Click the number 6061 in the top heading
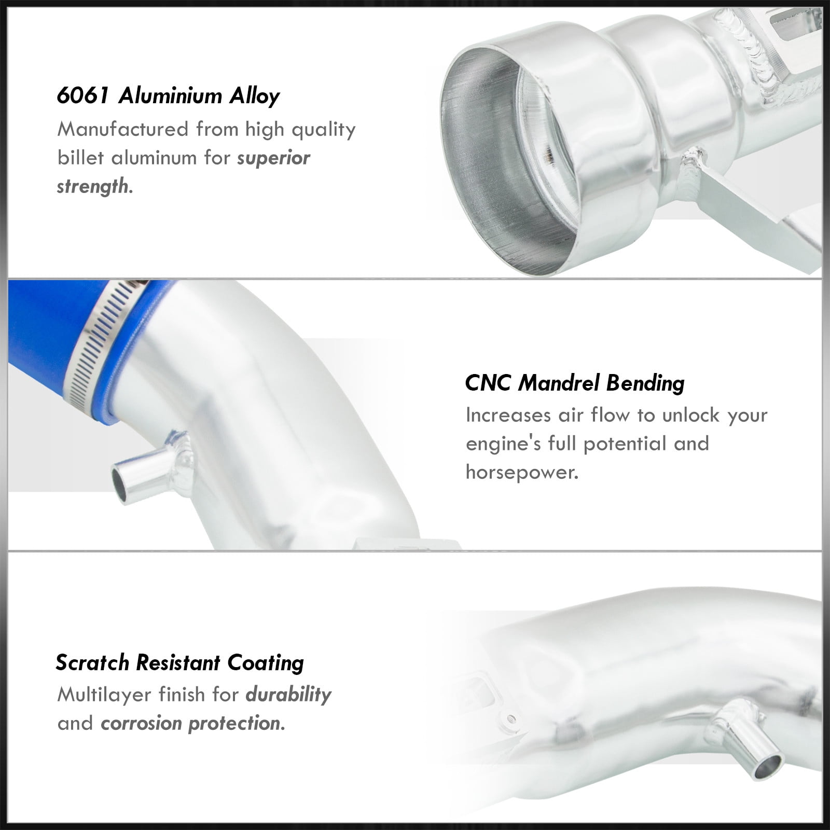coord(84,96)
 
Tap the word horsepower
coord(522,473)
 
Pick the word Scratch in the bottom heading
coord(93,662)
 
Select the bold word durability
coord(288,695)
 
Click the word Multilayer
coord(104,695)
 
